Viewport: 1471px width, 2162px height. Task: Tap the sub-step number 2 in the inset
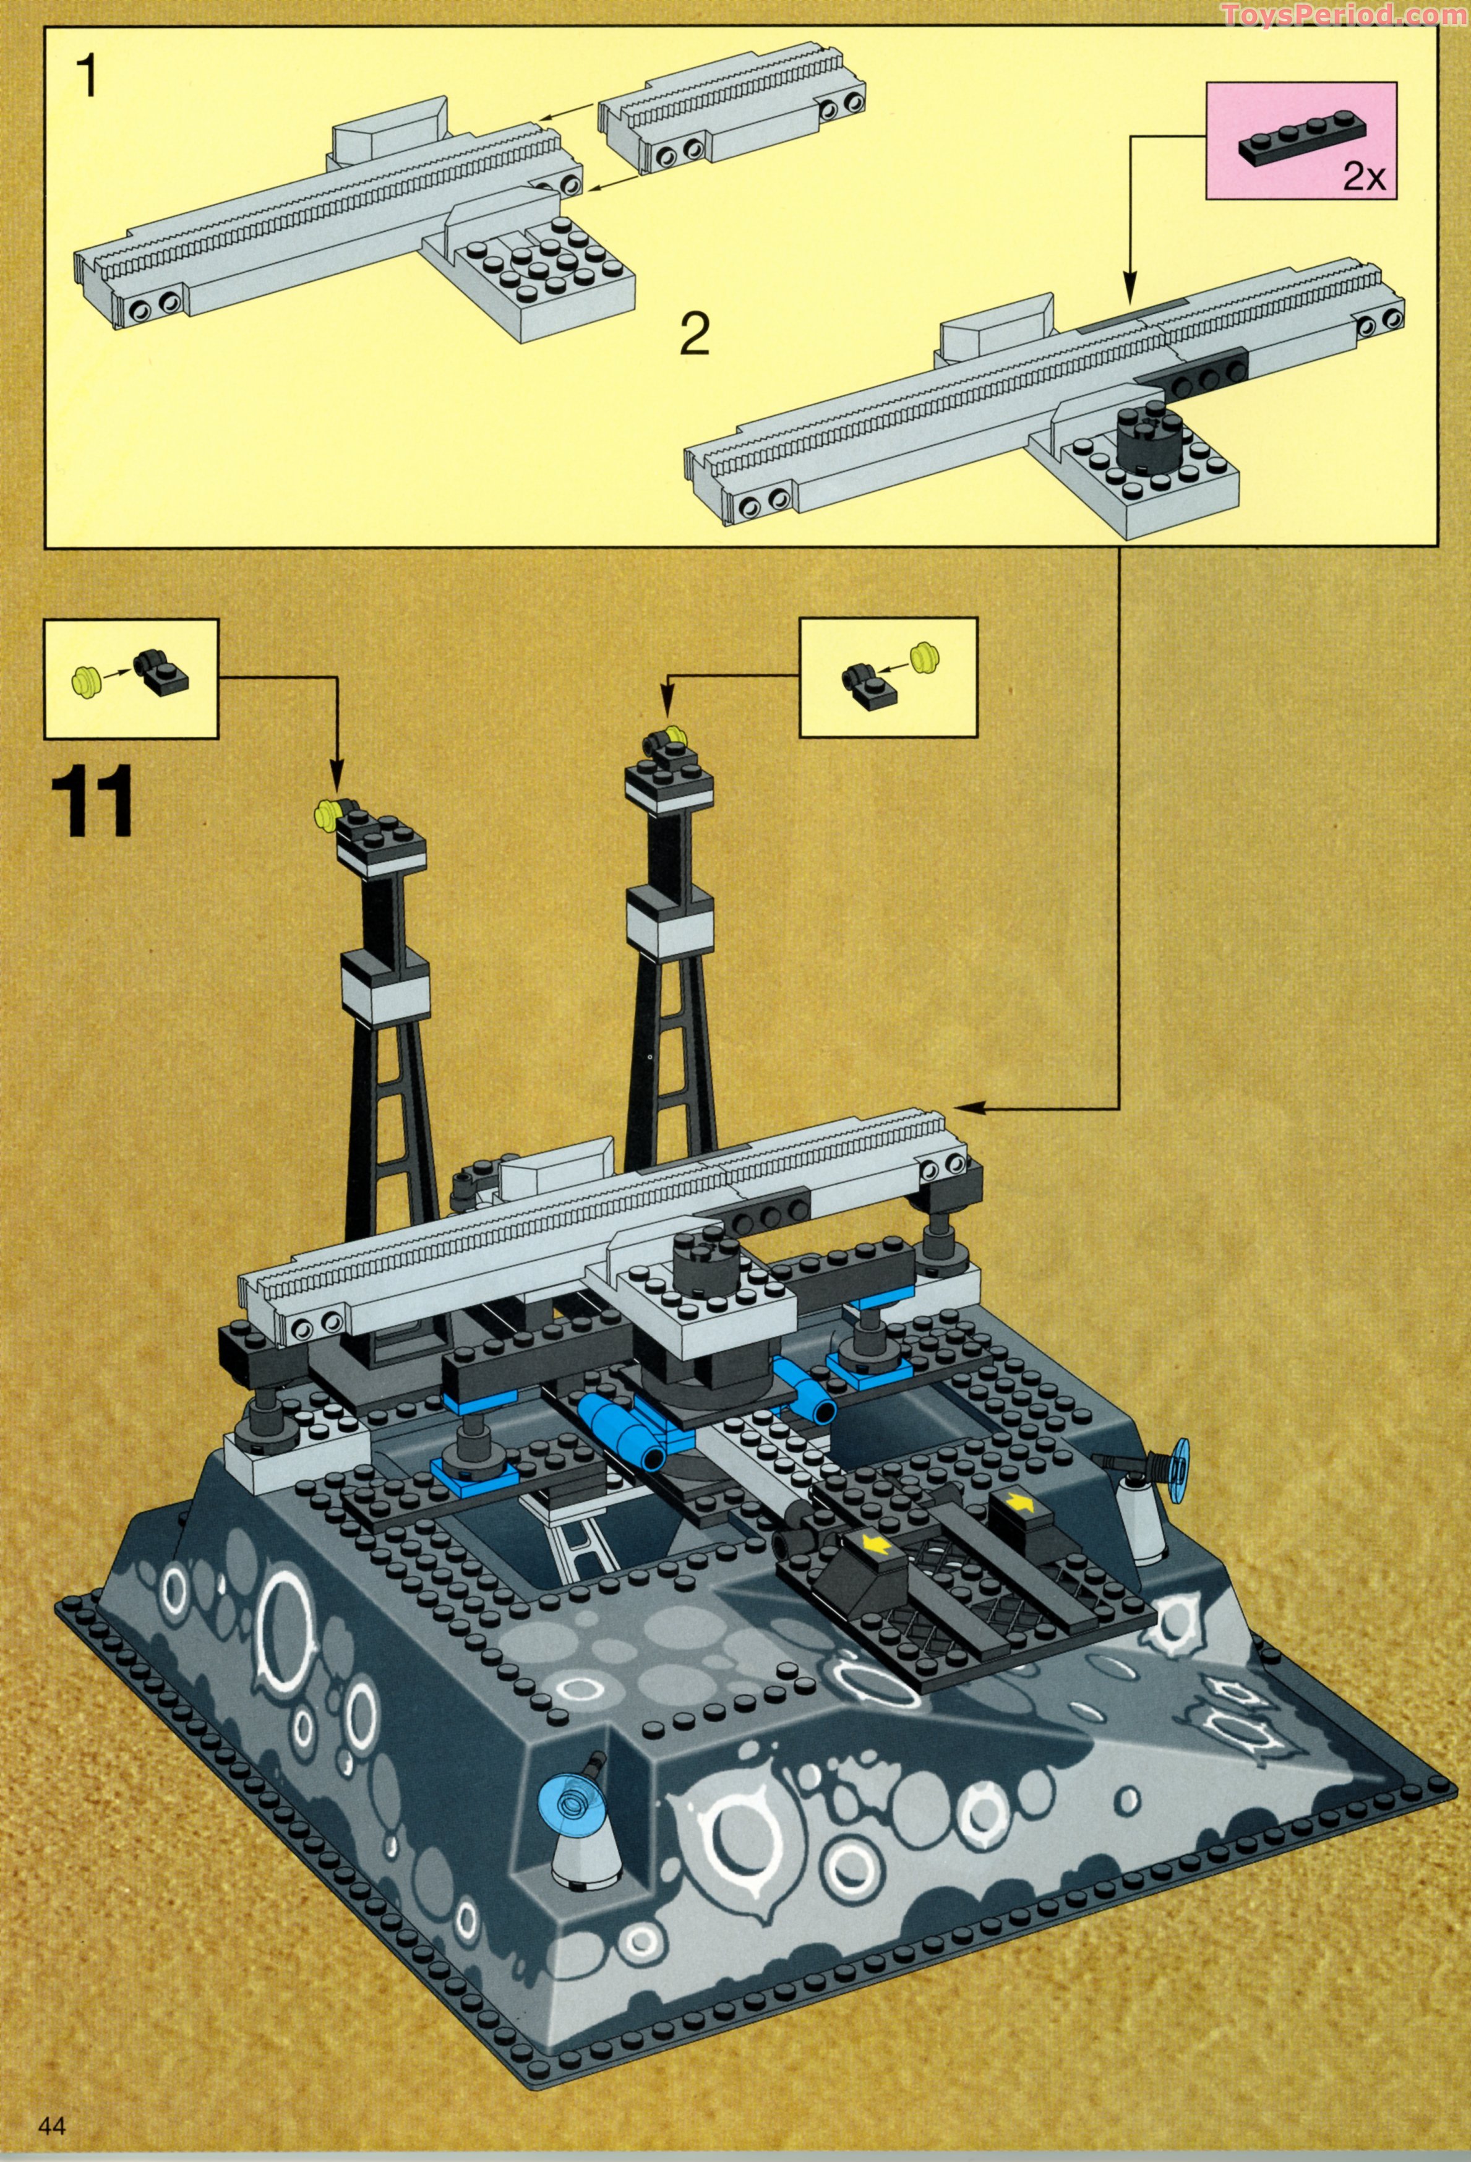(x=694, y=335)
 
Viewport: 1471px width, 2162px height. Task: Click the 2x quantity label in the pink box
(x=1363, y=177)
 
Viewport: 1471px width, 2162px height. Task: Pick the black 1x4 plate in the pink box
(x=1294, y=138)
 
